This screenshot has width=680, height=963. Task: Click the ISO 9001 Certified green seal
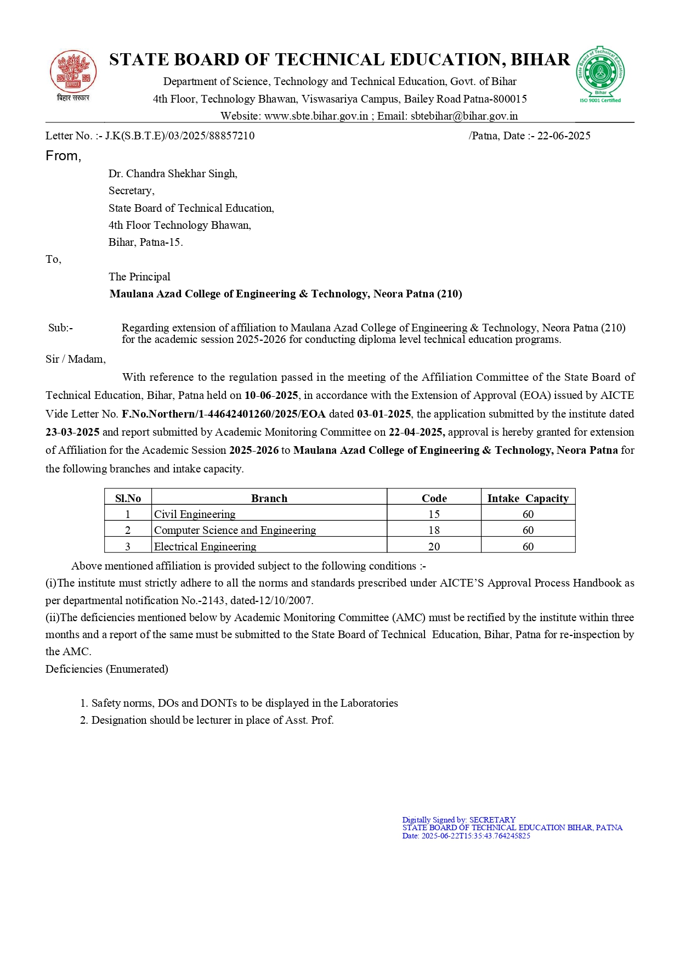click(600, 73)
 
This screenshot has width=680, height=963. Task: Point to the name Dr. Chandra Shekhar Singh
click(173, 173)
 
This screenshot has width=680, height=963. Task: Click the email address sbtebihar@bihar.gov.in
click(464, 116)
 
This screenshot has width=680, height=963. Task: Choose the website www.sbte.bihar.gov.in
click(316, 116)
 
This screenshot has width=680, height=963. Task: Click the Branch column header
click(269, 498)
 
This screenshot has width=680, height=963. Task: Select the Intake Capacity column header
click(528, 498)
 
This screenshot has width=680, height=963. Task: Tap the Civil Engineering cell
click(195, 514)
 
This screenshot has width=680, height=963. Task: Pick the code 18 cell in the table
click(434, 530)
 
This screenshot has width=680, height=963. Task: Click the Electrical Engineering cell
click(205, 547)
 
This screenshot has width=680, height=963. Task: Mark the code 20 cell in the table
click(434, 547)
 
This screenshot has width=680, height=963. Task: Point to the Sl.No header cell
click(128, 498)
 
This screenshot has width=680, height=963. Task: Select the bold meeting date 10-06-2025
click(271, 395)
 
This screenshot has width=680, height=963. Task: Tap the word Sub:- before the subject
click(60, 328)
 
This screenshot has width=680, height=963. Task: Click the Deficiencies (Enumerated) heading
click(107, 669)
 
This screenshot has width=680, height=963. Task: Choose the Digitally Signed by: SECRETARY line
click(458, 820)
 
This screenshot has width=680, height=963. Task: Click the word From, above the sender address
click(63, 156)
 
